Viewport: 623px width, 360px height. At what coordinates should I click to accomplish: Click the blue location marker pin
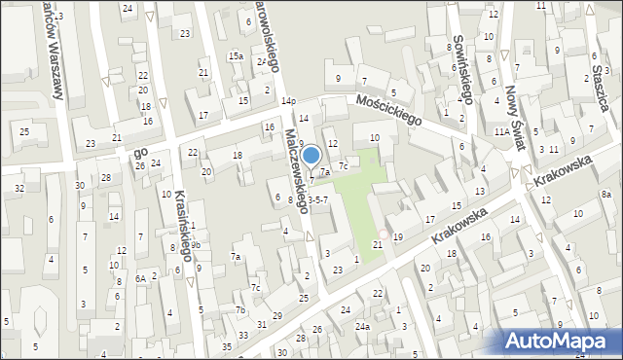[x=311, y=157]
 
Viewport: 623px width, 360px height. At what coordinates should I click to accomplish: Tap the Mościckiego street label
[x=387, y=110]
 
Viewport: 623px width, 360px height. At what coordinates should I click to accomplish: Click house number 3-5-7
[x=324, y=198]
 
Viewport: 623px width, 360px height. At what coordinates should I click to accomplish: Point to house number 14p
[x=288, y=100]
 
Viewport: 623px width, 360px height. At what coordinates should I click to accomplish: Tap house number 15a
[x=236, y=56]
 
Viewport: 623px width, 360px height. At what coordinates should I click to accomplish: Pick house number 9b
[x=196, y=245]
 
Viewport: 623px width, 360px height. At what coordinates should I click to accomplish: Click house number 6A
[x=140, y=278]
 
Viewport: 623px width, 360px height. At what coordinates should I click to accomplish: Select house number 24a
[x=362, y=327]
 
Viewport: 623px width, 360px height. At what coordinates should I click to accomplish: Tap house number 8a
[x=606, y=195]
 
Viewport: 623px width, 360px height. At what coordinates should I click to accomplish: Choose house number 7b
[x=239, y=309]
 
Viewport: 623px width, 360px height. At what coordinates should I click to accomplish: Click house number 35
[x=227, y=345]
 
